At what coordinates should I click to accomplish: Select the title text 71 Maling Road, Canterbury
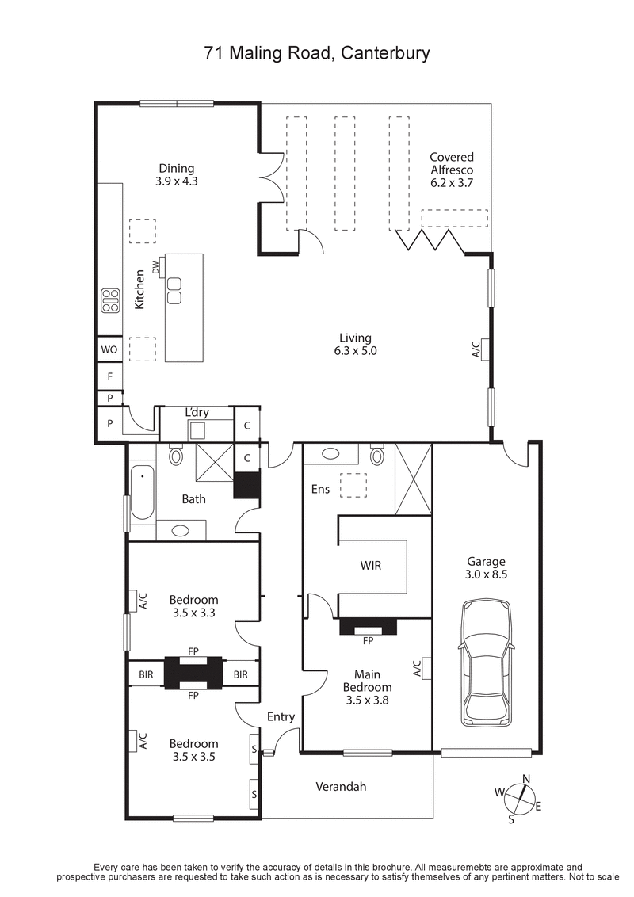pyautogui.click(x=317, y=54)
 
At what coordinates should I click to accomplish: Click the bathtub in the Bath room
pyautogui.click(x=142, y=493)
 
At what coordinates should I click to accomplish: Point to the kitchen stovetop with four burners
pyautogui.click(x=109, y=300)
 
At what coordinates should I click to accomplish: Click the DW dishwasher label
pyautogui.click(x=156, y=267)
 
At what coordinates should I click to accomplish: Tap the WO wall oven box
pyautogui.click(x=109, y=349)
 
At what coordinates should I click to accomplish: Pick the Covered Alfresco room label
pyautogui.click(x=451, y=170)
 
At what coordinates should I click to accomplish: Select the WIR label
pyautogui.click(x=370, y=566)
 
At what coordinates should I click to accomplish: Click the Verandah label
pyautogui.click(x=341, y=787)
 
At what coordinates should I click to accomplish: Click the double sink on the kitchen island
pyautogui.click(x=174, y=291)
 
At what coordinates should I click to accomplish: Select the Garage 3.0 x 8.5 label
pyautogui.click(x=486, y=568)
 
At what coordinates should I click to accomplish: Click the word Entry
pyautogui.click(x=281, y=716)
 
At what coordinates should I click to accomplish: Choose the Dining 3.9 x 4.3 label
pyautogui.click(x=176, y=174)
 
